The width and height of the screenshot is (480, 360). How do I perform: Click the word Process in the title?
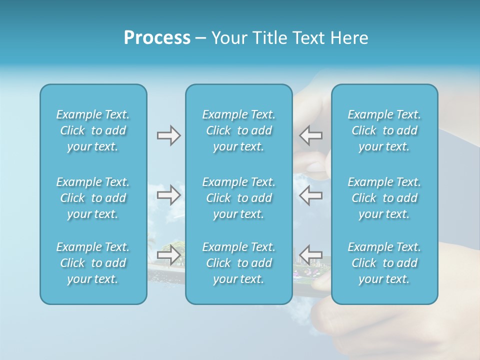click(157, 38)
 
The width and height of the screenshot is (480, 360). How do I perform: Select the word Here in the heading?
click(349, 38)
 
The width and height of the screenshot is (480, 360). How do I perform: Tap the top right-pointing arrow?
click(168, 135)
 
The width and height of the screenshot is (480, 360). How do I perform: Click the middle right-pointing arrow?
click(168, 195)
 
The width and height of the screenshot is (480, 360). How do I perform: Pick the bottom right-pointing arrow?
click(168, 254)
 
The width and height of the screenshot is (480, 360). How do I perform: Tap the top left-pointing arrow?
click(311, 135)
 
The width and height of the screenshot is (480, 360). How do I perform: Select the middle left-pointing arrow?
click(311, 195)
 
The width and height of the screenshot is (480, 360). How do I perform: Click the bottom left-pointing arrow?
click(311, 254)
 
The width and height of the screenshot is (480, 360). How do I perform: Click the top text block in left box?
click(93, 130)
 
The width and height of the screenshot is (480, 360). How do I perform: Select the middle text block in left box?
click(93, 198)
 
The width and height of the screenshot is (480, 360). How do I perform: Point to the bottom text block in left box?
click(93, 263)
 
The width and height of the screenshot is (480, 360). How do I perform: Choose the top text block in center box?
click(238, 130)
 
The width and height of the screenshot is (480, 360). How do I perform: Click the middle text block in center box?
click(238, 198)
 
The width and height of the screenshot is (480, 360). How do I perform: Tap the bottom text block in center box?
click(238, 263)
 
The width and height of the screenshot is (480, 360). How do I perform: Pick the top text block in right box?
click(384, 130)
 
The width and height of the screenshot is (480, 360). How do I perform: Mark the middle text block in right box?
click(384, 198)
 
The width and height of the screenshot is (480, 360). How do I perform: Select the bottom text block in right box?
click(384, 263)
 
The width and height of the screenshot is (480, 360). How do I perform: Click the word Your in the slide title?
click(228, 38)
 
